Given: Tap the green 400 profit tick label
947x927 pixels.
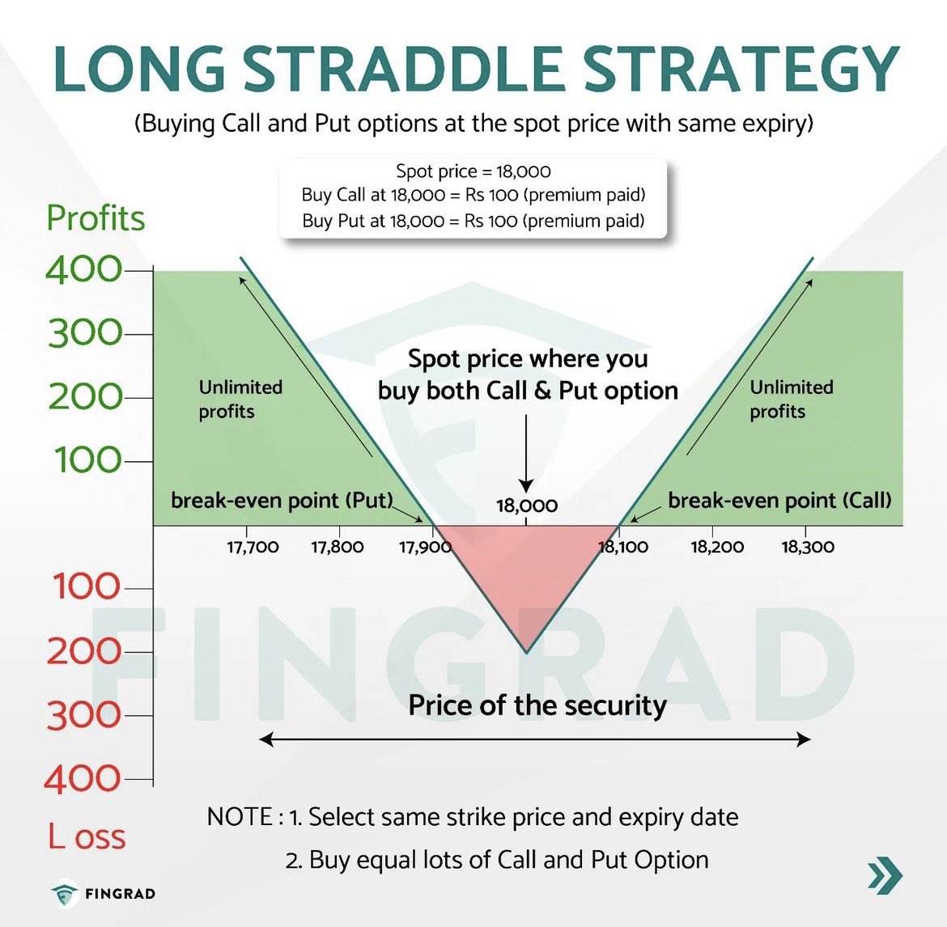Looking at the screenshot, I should click(83, 270).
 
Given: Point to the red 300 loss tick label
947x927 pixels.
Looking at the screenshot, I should click(83, 716).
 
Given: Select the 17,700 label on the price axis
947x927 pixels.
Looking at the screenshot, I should click(253, 548).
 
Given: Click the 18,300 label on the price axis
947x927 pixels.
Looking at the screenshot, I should click(807, 548).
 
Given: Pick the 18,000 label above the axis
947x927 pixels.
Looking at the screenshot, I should click(527, 506).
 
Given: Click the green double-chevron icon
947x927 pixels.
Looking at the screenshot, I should click(885, 876).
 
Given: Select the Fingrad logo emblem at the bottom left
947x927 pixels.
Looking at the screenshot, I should click(64, 894).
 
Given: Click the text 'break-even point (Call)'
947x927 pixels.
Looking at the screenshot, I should click(779, 501).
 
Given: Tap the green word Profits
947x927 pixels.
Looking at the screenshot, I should click(96, 218).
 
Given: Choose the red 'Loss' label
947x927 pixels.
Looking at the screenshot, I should click(87, 837).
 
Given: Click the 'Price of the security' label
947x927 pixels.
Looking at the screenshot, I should click(537, 705).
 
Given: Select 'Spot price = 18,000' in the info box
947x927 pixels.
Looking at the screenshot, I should click(473, 171).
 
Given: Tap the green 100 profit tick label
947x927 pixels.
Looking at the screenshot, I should click(87, 461).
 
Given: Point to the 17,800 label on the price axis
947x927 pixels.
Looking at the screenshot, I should click(338, 548).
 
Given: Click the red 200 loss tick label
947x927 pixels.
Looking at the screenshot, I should click(83, 652).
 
